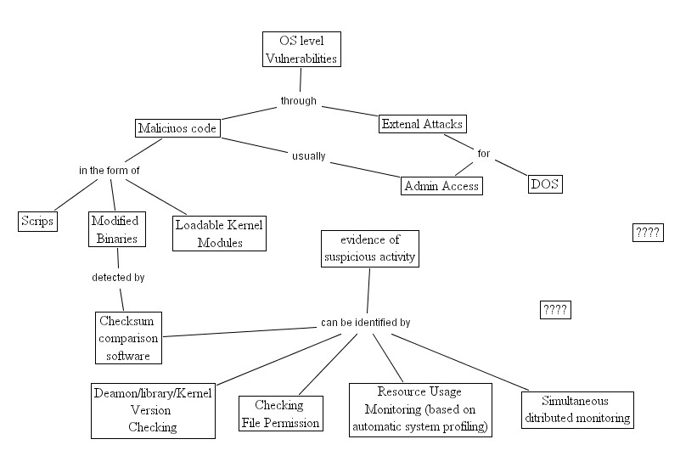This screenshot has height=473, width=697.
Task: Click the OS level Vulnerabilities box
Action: [302, 49]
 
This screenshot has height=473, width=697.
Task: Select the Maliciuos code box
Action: [177, 128]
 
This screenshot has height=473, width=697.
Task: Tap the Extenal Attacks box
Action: [422, 124]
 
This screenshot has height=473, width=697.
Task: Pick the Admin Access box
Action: [441, 186]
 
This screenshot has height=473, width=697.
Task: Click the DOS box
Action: [545, 184]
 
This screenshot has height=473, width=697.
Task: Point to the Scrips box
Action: [38, 222]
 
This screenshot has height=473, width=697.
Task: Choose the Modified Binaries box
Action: [117, 229]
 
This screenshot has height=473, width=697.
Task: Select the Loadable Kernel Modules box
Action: [220, 234]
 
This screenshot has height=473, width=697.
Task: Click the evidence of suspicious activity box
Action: [370, 249]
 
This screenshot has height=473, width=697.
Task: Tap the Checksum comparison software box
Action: [128, 338]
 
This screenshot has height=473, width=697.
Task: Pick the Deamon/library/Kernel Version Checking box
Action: [154, 411]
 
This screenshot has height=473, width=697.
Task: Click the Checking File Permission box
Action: [281, 414]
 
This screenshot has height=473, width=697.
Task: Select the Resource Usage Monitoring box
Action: [420, 410]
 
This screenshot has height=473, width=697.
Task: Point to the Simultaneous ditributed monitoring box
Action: [577, 410]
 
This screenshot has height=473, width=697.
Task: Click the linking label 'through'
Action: [299, 101]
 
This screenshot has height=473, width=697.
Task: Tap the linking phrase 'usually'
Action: [309, 156]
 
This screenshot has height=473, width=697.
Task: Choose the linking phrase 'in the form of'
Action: [110, 170]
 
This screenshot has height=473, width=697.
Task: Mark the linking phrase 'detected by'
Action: [118, 278]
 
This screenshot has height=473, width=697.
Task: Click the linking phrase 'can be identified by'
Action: [365, 323]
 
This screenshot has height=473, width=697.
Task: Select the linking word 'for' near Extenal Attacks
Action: [484, 154]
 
